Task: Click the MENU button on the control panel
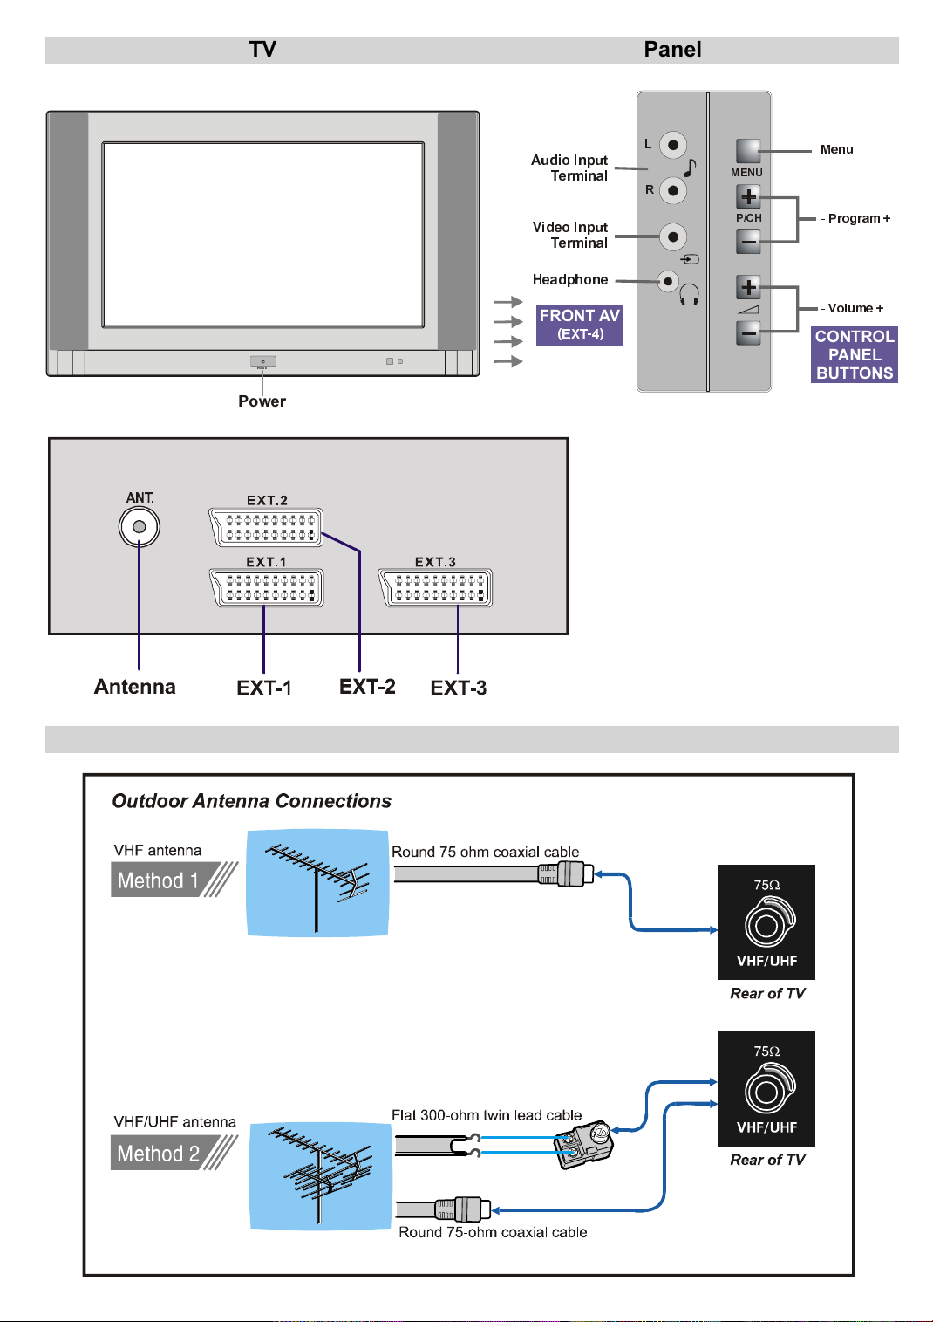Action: (747, 151)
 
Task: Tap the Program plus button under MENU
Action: (747, 196)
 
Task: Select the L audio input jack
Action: (672, 145)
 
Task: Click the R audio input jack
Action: (672, 190)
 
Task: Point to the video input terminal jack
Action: (672, 236)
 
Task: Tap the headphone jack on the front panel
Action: (667, 281)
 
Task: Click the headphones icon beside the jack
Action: (688, 294)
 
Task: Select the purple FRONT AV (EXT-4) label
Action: (579, 325)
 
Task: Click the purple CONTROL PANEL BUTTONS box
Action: (854, 354)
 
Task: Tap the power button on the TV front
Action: (262, 361)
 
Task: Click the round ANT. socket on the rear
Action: (140, 526)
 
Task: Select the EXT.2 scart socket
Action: (266, 527)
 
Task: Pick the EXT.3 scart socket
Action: (434, 588)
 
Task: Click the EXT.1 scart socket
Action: (266, 588)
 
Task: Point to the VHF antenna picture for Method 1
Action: (317, 883)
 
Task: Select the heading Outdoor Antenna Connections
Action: (251, 801)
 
